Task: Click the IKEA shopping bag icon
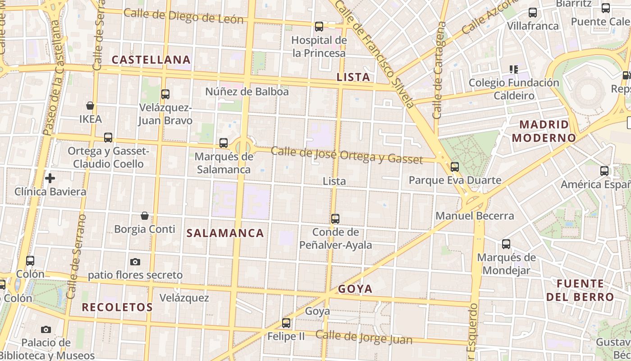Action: click(x=90, y=106)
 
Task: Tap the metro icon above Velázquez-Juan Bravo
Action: click(x=165, y=94)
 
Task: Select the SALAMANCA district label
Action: click(x=225, y=233)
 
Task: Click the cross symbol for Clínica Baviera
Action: click(x=50, y=178)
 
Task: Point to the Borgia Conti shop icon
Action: click(x=145, y=216)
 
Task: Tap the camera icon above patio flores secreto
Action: click(x=135, y=262)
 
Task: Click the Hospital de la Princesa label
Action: click(x=319, y=46)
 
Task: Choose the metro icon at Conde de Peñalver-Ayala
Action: click(x=335, y=219)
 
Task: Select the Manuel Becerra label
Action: click(x=475, y=216)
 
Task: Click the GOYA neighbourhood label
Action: click(x=355, y=289)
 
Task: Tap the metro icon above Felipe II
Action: click(x=286, y=323)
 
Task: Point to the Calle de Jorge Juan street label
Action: click(x=364, y=338)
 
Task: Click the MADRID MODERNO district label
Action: click(x=544, y=131)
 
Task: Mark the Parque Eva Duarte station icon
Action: click(x=455, y=167)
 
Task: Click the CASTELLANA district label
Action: click(x=151, y=60)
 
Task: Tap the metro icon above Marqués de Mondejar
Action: click(x=506, y=245)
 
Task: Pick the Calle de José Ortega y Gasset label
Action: click(x=347, y=155)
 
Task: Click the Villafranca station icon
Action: click(x=532, y=13)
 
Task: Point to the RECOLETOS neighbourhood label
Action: click(x=117, y=307)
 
